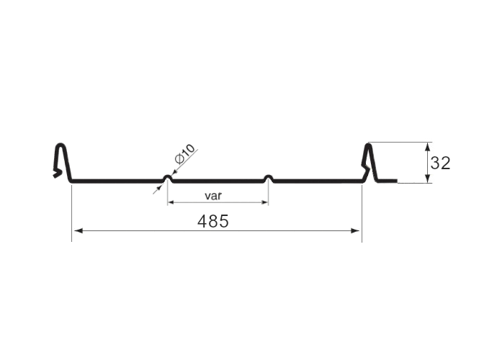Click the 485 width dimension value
(x=213, y=221)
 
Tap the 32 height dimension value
(x=440, y=163)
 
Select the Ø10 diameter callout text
(x=184, y=154)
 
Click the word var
(x=213, y=195)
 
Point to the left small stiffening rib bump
(x=167, y=178)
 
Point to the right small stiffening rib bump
(x=268, y=178)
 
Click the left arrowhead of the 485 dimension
(x=79, y=230)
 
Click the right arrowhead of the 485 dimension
(x=355, y=230)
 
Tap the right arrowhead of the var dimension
(x=265, y=202)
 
